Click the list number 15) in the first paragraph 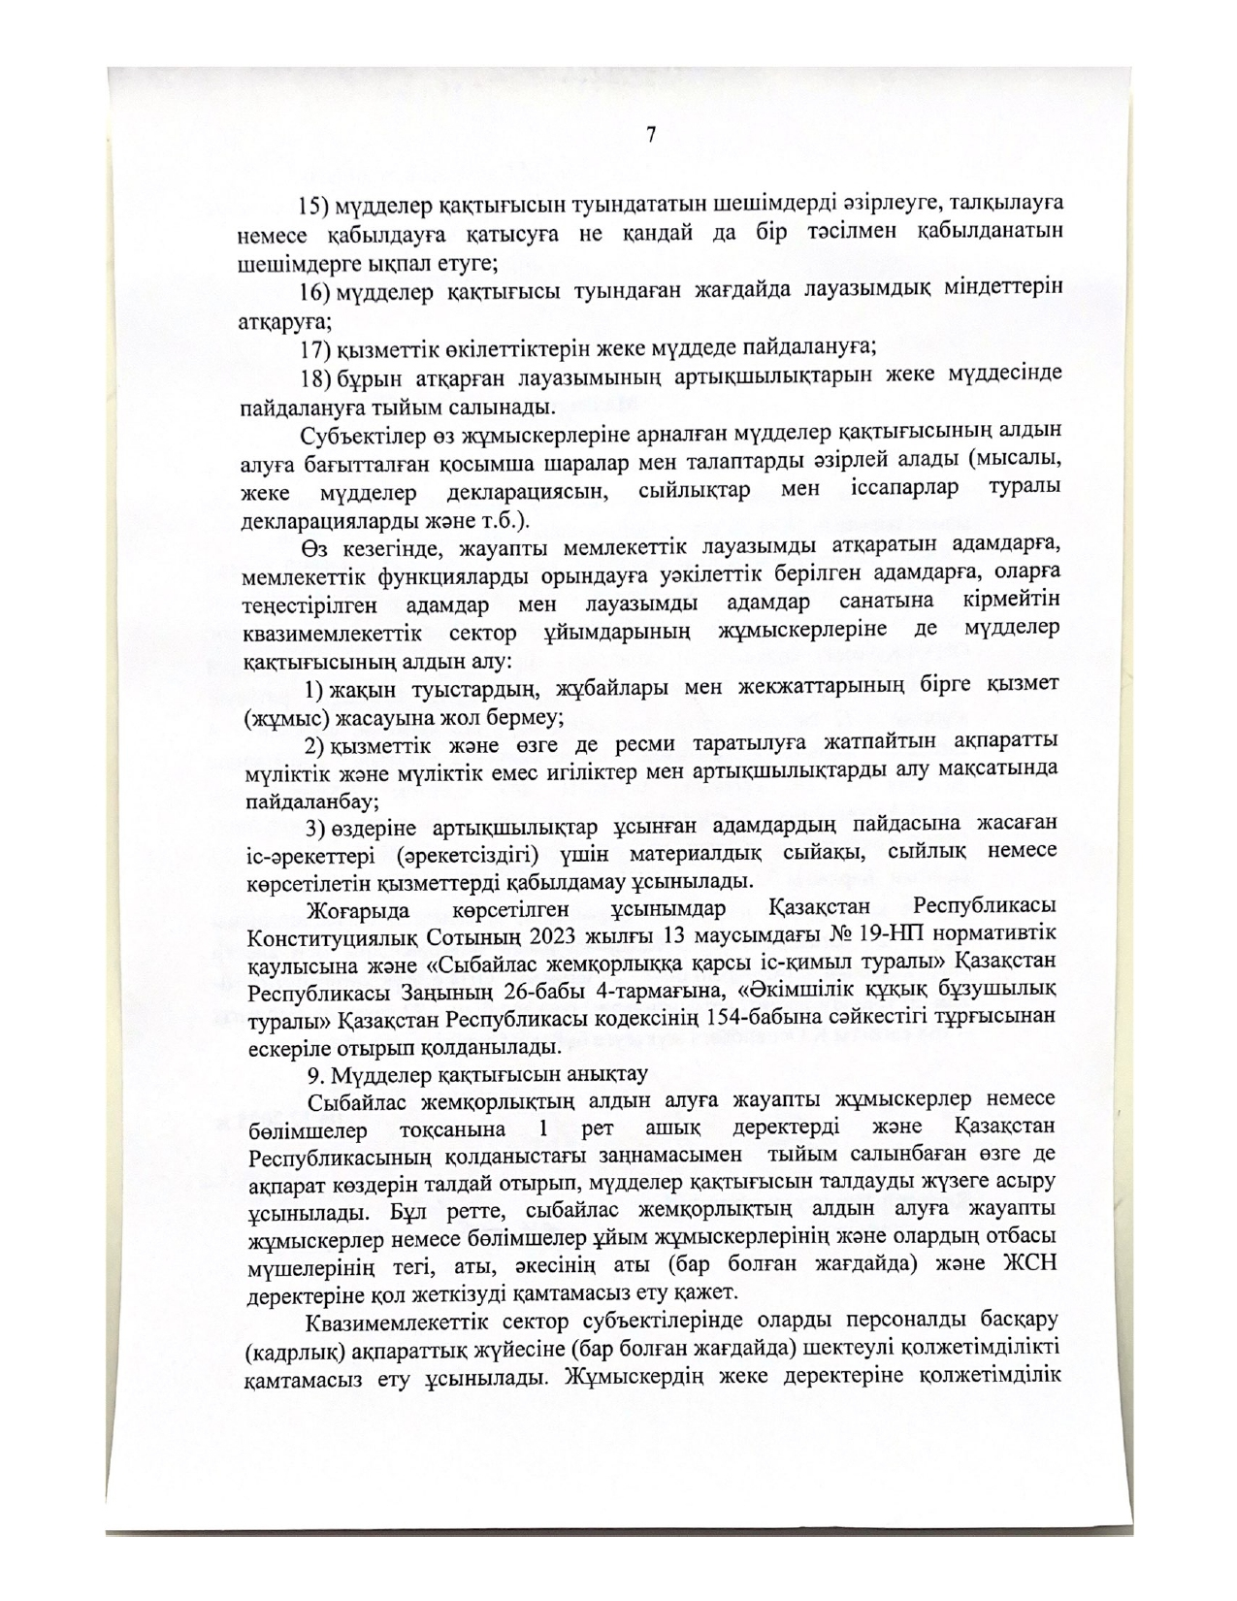click(313, 206)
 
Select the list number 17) click(313, 347)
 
